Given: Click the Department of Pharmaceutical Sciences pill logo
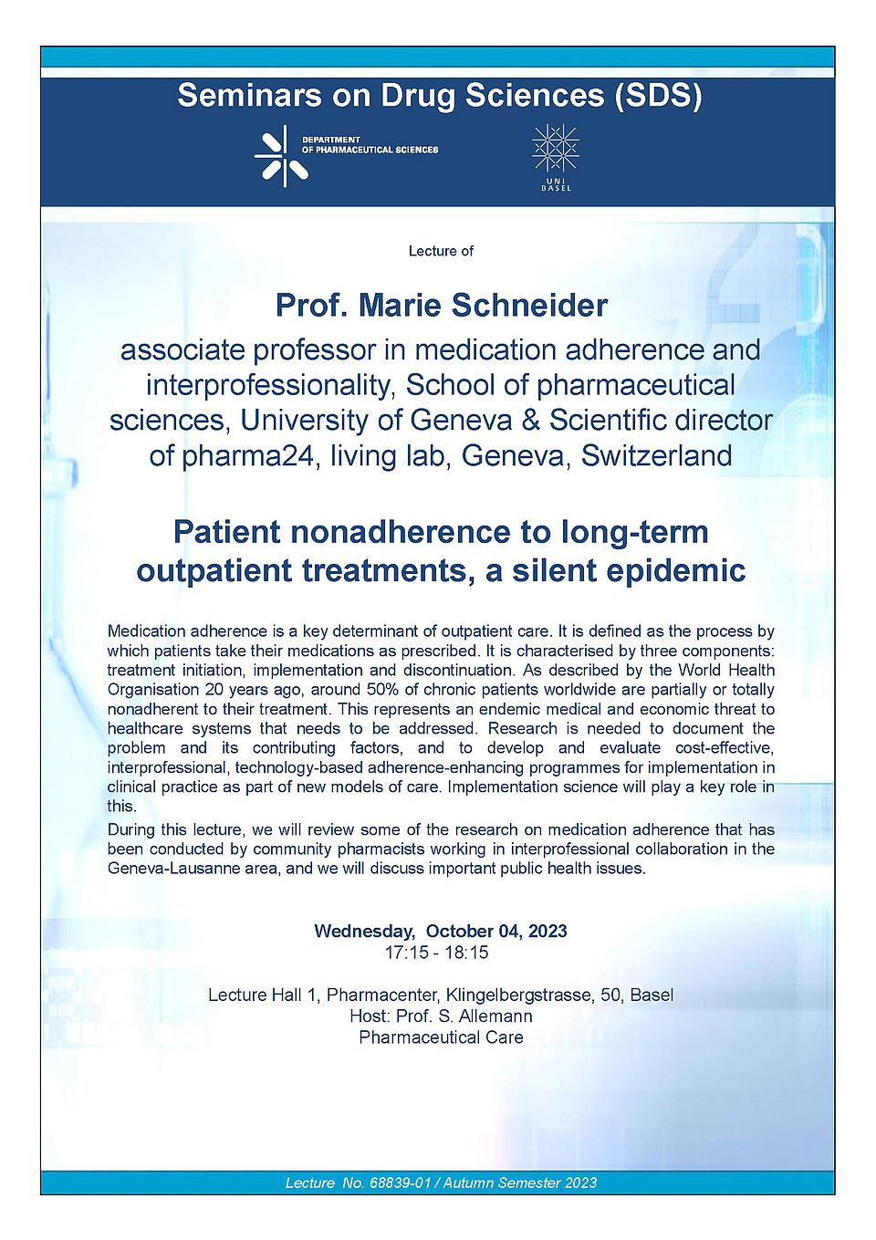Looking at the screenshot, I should [x=282, y=156].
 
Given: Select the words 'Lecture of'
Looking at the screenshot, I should [x=441, y=251].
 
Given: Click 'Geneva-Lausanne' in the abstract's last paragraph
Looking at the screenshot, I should [x=162, y=869].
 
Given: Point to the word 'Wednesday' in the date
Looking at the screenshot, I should [x=362, y=932].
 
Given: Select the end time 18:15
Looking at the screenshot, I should [x=466, y=953].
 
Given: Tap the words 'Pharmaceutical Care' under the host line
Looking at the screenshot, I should [x=441, y=1037].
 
